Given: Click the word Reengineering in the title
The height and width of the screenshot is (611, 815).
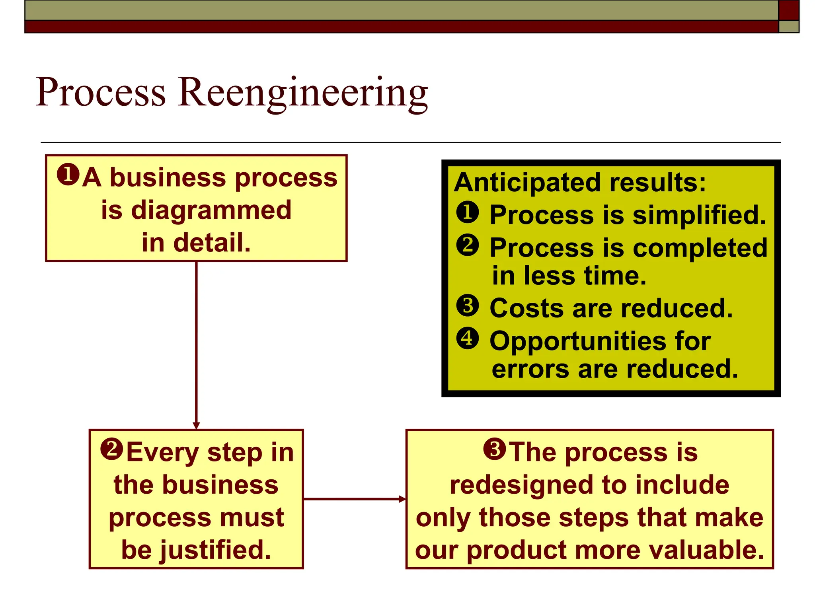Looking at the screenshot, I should coord(302,93).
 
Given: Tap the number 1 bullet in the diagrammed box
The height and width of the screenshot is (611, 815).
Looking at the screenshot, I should coord(68,175).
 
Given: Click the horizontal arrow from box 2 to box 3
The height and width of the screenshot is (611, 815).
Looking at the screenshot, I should coord(354,499).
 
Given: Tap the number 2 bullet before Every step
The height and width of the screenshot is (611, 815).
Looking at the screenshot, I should coord(112,449).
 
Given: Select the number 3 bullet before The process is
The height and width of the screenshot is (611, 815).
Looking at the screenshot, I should coord(495,449).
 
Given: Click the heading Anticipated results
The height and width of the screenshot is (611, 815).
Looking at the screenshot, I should coord(579,182).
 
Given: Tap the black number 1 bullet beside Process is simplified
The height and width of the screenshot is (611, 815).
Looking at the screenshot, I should coord(468,212).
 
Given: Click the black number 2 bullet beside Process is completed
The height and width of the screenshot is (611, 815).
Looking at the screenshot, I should coord(468,245).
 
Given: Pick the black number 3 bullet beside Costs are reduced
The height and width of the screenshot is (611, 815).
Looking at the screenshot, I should coord(468,306).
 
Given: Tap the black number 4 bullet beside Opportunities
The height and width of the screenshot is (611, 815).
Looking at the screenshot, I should coord(468,339).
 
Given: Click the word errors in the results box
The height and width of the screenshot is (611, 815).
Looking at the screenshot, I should coord(530,369).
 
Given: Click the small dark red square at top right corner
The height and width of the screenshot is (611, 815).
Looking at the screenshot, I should coord(789,10).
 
